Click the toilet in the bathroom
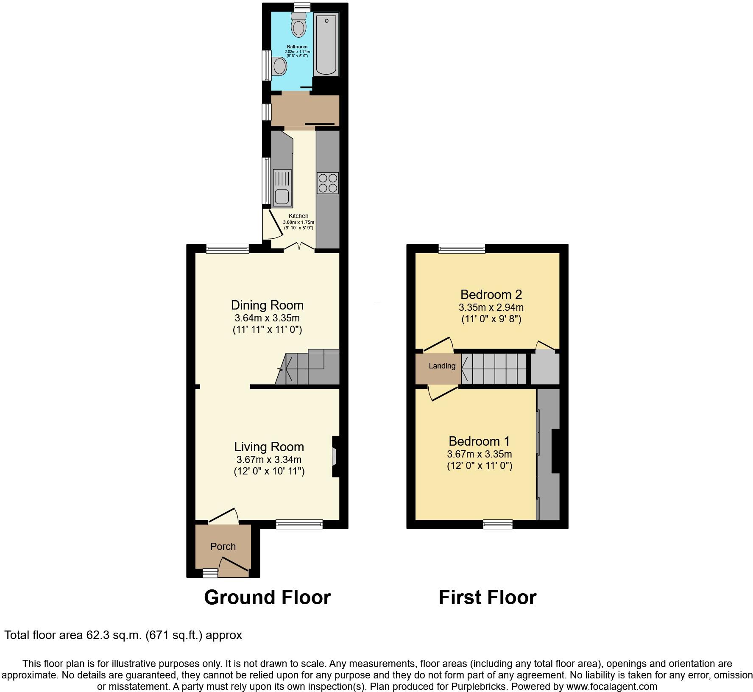click(x=298, y=25)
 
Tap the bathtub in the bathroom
click(x=326, y=45)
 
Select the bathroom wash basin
click(x=279, y=66)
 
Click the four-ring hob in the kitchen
click(x=327, y=183)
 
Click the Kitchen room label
click(x=298, y=216)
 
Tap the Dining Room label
click(x=267, y=305)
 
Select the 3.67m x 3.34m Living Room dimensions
click(x=269, y=459)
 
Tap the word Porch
click(x=223, y=546)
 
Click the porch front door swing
click(x=233, y=567)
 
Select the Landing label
click(x=442, y=366)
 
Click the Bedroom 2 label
click(x=491, y=294)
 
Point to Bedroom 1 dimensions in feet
click(x=480, y=466)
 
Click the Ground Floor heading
click(x=267, y=597)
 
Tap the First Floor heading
click(x=487, y=597)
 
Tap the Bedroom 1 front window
click(x=498, y=525)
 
